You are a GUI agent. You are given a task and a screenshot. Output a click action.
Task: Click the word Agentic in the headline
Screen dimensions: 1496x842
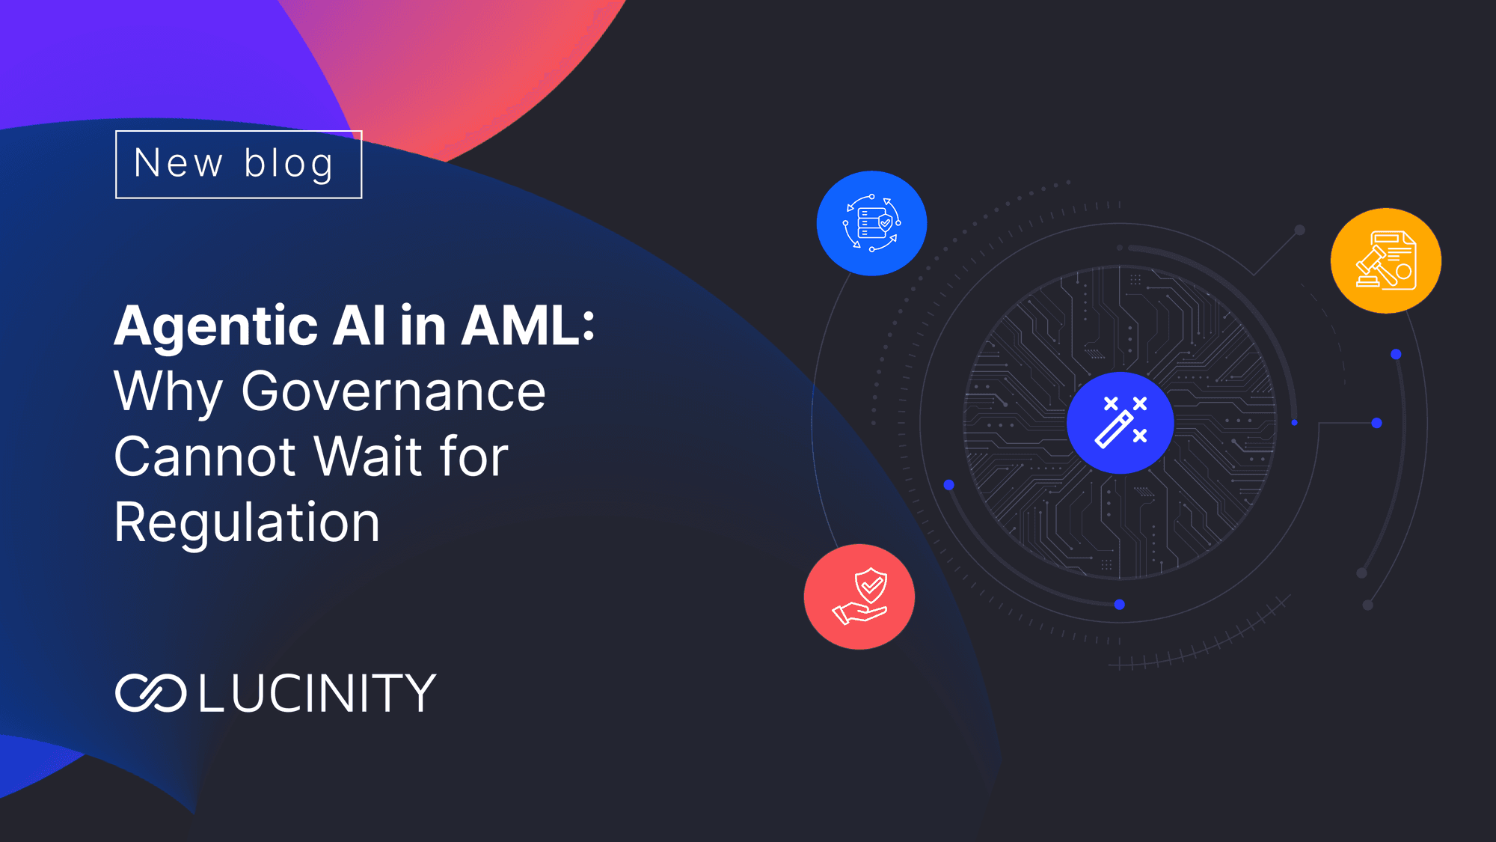(217, 327)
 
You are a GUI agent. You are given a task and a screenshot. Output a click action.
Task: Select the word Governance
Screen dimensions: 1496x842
(393, 391)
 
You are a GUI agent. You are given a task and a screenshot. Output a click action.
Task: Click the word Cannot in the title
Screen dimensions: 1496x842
(205, 457)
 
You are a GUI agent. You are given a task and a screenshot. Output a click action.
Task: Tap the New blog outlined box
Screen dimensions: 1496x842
(239, 165)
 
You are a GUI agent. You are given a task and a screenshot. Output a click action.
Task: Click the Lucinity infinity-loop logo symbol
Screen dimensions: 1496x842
(150, 692)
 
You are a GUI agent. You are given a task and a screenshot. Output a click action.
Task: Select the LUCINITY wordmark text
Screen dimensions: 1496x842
(317, 692)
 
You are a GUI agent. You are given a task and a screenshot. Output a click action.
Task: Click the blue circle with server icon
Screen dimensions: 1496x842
(871, 223)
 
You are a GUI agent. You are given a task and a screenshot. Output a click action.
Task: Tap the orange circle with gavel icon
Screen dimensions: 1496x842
(1386, 260)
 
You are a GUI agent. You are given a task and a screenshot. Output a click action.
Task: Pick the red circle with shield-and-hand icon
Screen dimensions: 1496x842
(859, 597)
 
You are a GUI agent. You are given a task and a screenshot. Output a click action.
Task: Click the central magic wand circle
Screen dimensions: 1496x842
(1121, 423)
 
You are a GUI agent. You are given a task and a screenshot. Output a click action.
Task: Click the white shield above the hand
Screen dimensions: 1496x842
(871, 585)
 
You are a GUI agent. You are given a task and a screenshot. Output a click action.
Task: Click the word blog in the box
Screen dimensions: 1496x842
(289, 163)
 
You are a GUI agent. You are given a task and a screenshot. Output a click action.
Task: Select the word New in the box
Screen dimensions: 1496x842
(178, 163)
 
